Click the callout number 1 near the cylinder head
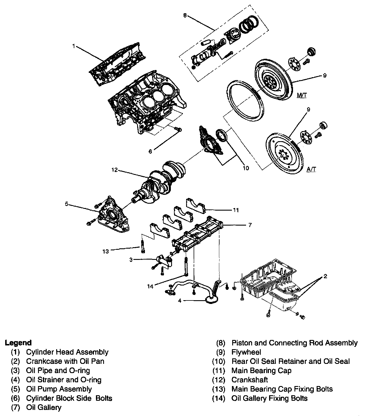click(x=74, y=46)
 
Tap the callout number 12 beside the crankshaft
click(x=115, y=170)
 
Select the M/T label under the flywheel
click(x=301, y=95)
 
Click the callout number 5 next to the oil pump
click(x=67, y=204)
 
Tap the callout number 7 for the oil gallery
click(x=250, y=225)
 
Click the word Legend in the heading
click(x=18, y=343)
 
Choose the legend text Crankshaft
click(x=250, y=380)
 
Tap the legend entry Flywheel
click(x=246, y=352)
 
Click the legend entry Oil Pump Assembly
click(x=59, y=389)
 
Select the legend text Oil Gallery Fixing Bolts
click(x=269, y=398)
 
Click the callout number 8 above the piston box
click(x=185, y=16)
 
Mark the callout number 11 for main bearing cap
click(x=236, y=210)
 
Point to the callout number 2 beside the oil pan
click(x=325, y=277)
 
